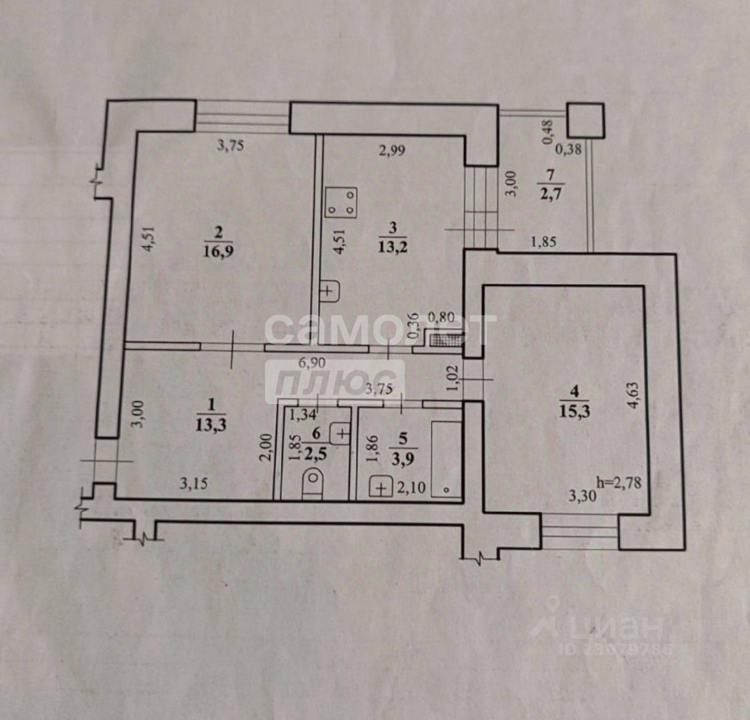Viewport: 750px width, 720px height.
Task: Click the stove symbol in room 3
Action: point(341,203)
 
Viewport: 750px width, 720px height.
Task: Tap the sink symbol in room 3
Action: point(329,290)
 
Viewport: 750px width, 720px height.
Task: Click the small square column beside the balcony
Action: point(585,121)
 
